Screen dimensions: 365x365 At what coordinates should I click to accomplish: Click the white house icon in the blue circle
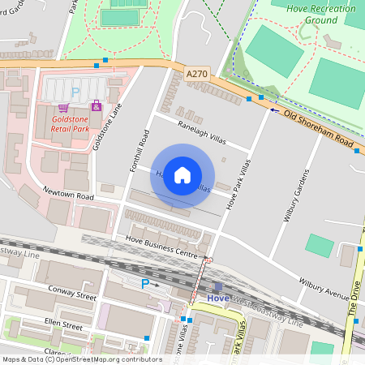pyautogui.click(x=182, y=175)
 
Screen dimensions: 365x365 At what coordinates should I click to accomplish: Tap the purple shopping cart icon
pyautogui.click(x=62, y=107)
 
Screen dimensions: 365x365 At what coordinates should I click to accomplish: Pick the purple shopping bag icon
pyautogui.click(x=96, y=105)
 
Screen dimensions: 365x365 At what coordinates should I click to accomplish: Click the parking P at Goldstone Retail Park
pyautogui.click(x=75, y=93)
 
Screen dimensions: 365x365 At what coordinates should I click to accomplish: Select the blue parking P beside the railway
pyautogui.click(x=146, y=283)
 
